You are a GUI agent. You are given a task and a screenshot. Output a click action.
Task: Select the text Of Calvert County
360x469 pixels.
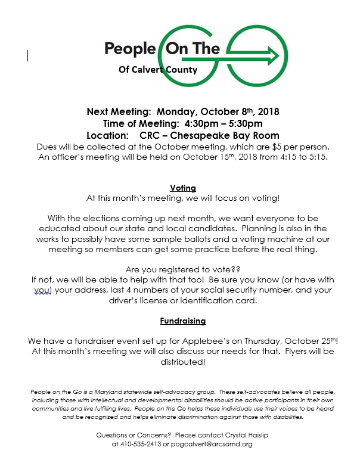[x=158, y=70]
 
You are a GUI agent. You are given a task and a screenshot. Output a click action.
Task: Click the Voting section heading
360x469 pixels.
[x=182, y=188]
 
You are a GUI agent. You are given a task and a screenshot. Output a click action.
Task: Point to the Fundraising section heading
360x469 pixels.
[x=182, y=321]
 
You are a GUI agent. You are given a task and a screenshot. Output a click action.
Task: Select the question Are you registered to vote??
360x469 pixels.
[x=182, y=269]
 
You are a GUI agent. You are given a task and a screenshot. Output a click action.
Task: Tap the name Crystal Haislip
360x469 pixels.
[x=243, y=435]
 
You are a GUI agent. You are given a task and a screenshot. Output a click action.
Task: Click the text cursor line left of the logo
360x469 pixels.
[x=28, y=55]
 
